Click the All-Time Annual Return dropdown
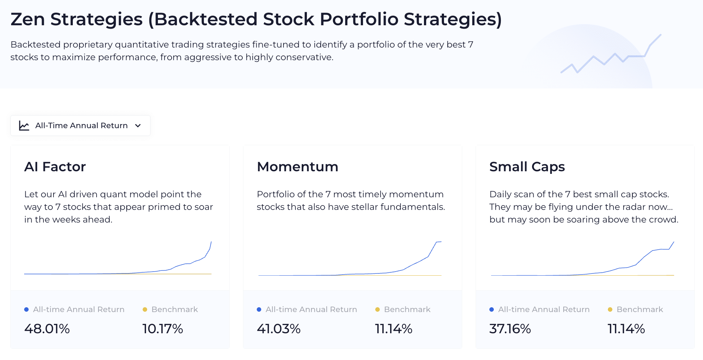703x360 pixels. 80,126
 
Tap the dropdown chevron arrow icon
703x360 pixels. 138,126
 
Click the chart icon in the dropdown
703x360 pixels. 24,126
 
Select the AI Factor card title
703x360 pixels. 55,167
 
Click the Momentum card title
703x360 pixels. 297,167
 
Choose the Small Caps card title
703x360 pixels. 527,167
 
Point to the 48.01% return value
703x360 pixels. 47,329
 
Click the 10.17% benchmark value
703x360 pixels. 163,329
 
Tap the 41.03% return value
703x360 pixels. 279,329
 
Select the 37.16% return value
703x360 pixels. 510,329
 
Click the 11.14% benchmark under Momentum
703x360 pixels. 394,329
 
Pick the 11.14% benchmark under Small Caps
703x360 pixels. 626,329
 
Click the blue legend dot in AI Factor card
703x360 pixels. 26,309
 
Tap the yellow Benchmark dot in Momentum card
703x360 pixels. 378,309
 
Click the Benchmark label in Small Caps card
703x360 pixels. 640,309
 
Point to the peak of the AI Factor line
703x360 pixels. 211,242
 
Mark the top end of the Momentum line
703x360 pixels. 441,242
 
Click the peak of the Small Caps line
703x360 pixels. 674,242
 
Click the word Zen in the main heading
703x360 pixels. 28,19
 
